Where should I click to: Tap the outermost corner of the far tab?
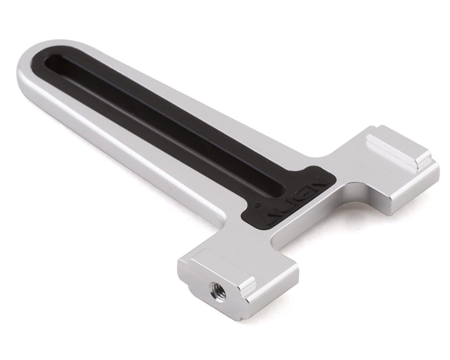pyautogui.click(x=437, y=165)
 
